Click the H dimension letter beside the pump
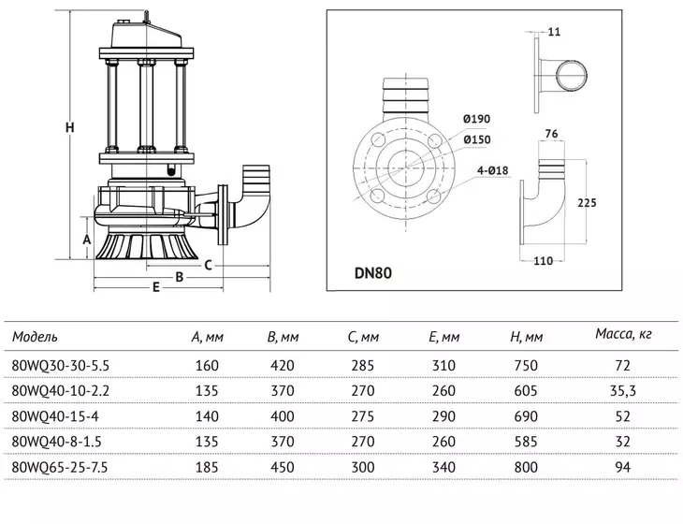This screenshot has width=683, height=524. [69, 127]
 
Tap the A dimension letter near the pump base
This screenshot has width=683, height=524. [87, 240]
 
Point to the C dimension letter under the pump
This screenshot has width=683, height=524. [209, 265]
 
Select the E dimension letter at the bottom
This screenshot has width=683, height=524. [156, 287]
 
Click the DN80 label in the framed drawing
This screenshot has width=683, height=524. [373, 273]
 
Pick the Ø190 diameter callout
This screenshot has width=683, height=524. [476, 119]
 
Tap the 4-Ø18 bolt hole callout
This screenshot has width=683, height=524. [493, 170]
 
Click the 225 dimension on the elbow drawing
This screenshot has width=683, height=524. [587, 202]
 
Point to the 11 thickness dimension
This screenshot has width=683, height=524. [554, 32]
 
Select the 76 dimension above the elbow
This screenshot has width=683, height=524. [551, 134]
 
